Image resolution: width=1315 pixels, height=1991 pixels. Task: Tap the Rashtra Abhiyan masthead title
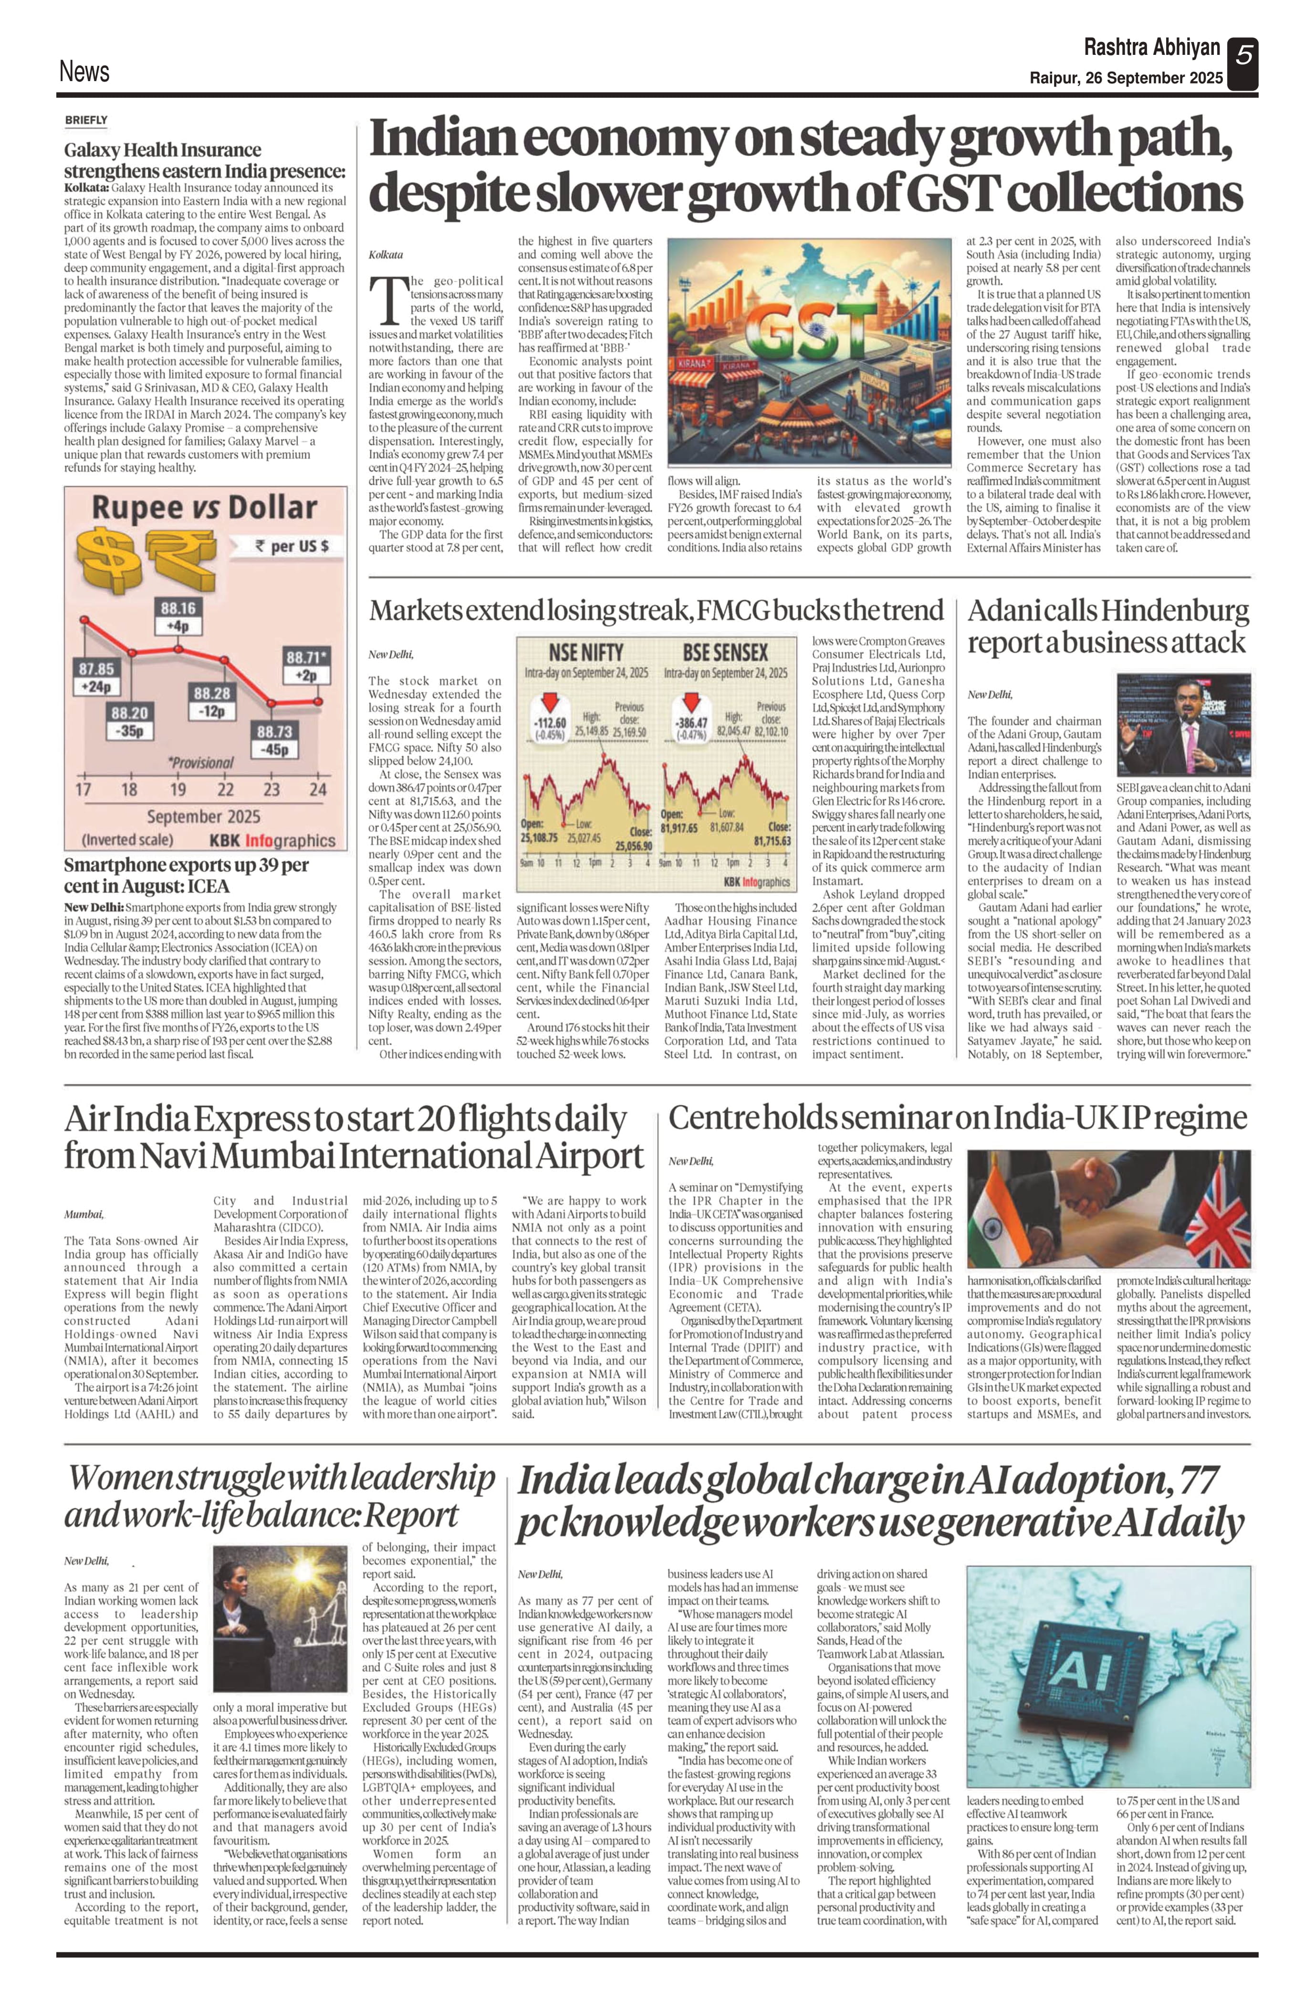click(1151, 48)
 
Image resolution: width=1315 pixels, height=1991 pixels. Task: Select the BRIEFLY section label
click(86, 120)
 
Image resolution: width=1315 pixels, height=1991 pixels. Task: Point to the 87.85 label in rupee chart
click(96, 678)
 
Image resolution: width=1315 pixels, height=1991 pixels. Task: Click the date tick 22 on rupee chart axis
click(226, 789)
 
